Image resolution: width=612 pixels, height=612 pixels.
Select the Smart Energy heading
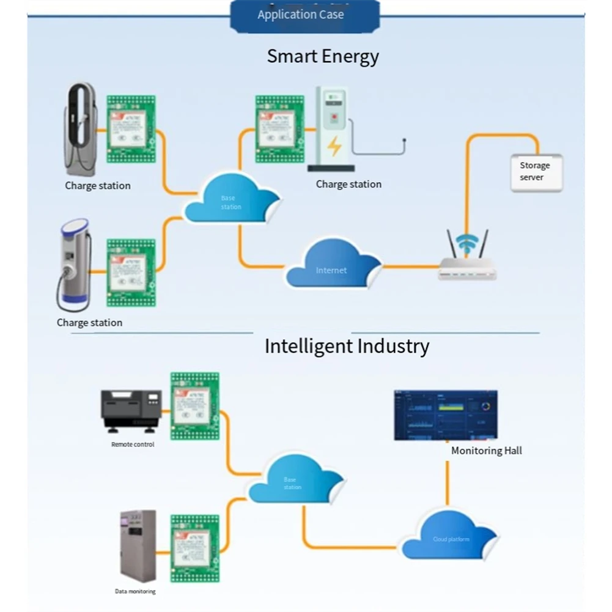pos(323,56)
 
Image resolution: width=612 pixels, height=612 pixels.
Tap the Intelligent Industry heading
pos(347,346)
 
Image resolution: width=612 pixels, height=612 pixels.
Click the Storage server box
pos(536,172)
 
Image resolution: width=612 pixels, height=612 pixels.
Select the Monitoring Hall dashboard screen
pos(446,415)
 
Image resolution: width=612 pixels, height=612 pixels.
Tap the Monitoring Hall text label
pos(487,451)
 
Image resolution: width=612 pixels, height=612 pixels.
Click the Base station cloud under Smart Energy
pos(231,200)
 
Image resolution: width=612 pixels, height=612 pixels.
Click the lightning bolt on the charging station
pos(334,147)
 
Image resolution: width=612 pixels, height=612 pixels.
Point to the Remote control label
pos(133,444)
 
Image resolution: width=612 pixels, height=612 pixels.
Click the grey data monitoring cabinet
pos(138,545)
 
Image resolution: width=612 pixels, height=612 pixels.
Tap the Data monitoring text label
pos(135,591)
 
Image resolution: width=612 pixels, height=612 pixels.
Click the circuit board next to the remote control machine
pos(194,405)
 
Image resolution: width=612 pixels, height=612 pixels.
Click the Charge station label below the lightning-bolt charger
pos(348,184)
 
